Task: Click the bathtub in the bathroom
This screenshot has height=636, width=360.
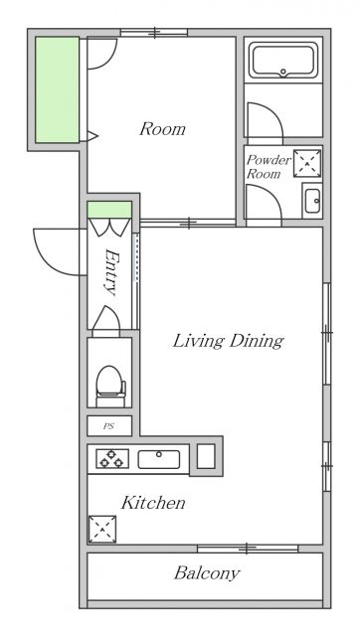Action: point(283,60)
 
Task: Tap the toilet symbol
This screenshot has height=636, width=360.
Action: point(110,387)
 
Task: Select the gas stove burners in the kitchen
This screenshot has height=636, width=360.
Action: point(112,458)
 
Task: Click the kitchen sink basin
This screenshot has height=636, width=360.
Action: point(159,459)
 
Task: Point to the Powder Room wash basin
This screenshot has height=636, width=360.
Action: point(312,201)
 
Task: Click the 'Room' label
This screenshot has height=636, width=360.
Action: point(162,129)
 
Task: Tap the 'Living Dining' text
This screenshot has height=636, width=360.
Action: point(228,341)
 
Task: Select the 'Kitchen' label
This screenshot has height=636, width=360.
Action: point(153,503)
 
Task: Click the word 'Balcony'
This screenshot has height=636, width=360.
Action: point(207,573)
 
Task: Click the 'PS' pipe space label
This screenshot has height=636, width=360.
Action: point(108,426)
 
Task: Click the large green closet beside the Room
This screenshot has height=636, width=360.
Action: point(57,89)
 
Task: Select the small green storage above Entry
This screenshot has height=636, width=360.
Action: point(109,210)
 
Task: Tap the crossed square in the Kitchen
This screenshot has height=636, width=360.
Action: point(102,529)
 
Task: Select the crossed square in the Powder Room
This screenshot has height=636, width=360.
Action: point(307,163)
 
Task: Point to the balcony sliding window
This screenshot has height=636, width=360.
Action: point(248,549)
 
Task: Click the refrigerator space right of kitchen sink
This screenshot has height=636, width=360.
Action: point(206,456)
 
